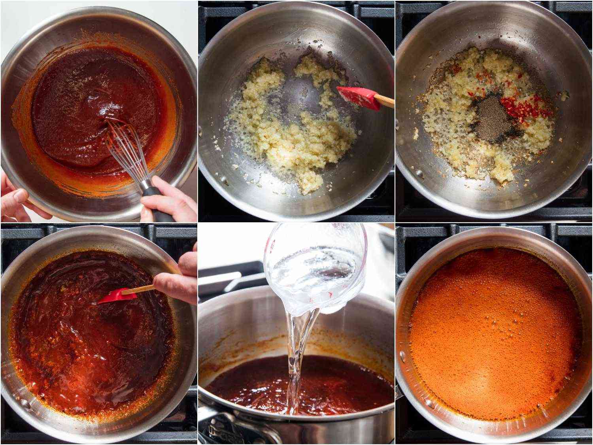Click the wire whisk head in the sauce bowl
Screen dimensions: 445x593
119,150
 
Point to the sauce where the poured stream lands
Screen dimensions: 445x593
295,392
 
